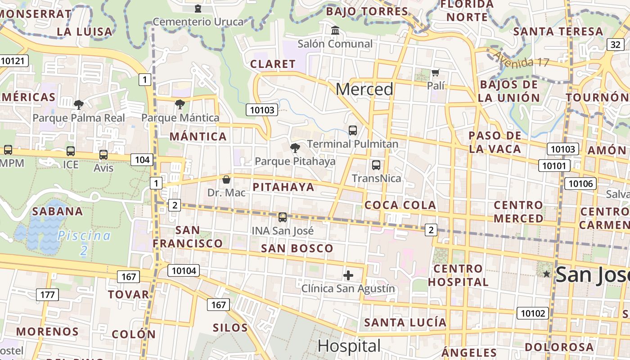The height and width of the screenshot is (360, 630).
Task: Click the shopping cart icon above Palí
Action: (x=435, y=72)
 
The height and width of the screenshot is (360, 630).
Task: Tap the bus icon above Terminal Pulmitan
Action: (x=353, y=130)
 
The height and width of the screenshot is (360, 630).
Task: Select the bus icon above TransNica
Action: (x=376, y=165)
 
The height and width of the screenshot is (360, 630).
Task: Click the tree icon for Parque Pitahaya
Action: (x=295, y=148)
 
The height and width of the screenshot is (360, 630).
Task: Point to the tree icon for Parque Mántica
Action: (x=180, y=104)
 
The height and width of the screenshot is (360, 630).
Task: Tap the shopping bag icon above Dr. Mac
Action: (x=226, y=180)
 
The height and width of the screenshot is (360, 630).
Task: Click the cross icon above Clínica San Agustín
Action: (x=348, y=275)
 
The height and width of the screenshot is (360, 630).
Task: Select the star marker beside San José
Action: (x=547, y=274)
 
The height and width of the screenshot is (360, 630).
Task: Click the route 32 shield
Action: (x=616, y=45)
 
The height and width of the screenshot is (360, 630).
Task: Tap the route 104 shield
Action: (x=142, y=159)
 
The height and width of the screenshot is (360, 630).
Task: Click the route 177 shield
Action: (x=47, y=295)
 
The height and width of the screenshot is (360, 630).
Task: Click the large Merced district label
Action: (x=364, y=89)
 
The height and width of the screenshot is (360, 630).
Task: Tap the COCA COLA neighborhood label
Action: (x=400, y=205)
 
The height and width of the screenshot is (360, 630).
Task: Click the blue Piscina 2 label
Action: (x=84, y=242)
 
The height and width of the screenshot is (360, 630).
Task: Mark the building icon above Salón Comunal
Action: (x=335, y=31)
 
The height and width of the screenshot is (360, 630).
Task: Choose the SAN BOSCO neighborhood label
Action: (x=297, y=248)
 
